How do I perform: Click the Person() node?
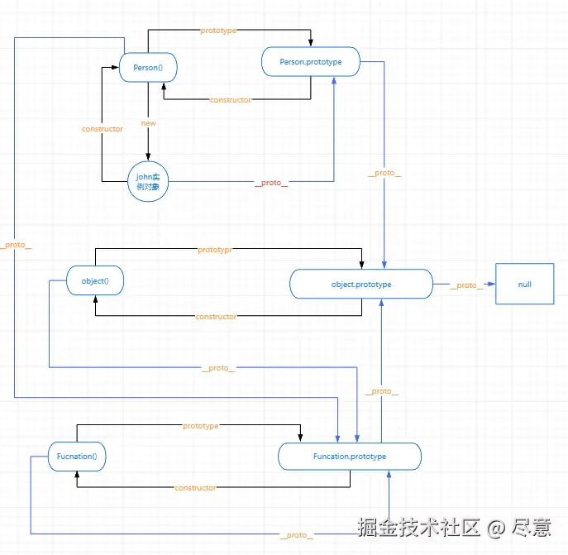coord(148,68)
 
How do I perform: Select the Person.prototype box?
coord(311,62)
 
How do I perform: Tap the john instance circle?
coord(148,181)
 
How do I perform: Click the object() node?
coord(95,280)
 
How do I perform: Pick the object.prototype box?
coord(361,284)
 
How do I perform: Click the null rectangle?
coord(525,284)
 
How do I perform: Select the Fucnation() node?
coord(77,457)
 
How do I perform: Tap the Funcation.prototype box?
coord(350,457)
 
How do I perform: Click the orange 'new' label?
coord(149,123)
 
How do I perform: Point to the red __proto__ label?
coord(271,183)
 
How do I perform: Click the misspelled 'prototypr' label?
coord(215,250)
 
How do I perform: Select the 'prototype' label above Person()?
coord(218,31)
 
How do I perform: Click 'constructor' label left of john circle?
coord(103,129)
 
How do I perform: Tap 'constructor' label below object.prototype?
coord(216,317)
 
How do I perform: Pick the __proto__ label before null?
coord(466,285)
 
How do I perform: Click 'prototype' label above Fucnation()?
coord(201,426)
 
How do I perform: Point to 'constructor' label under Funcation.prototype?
coord(195,488)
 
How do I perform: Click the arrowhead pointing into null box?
coord(492,284)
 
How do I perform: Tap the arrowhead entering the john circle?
coord(148,156)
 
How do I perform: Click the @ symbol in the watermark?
coord(496,528)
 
